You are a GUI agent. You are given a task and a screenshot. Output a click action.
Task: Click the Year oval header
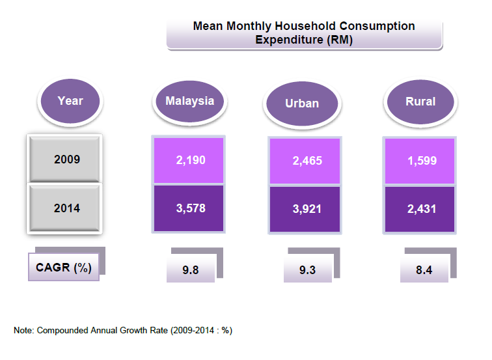[70, 101]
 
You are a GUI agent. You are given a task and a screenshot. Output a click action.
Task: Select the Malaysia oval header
[189, 101]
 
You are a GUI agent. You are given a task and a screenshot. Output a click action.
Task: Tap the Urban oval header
[301, 104]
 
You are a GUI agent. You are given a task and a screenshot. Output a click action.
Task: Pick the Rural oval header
[420, 102]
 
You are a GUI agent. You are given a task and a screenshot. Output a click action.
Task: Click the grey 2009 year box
[64, 159]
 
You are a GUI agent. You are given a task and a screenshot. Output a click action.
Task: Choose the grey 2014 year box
[64, 208]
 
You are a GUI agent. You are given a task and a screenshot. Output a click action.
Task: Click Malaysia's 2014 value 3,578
[190, 208]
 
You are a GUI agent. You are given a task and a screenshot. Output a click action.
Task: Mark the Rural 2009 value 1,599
[422, 160]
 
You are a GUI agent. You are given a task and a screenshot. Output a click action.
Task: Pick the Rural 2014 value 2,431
[422, 209]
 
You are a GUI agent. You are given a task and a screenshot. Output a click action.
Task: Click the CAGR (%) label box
[64, 268]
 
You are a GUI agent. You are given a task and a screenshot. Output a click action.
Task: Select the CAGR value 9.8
[190, 270]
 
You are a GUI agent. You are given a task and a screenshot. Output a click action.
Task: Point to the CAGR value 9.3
[307, 270]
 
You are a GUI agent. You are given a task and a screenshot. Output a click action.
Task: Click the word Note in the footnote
[23, 330]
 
